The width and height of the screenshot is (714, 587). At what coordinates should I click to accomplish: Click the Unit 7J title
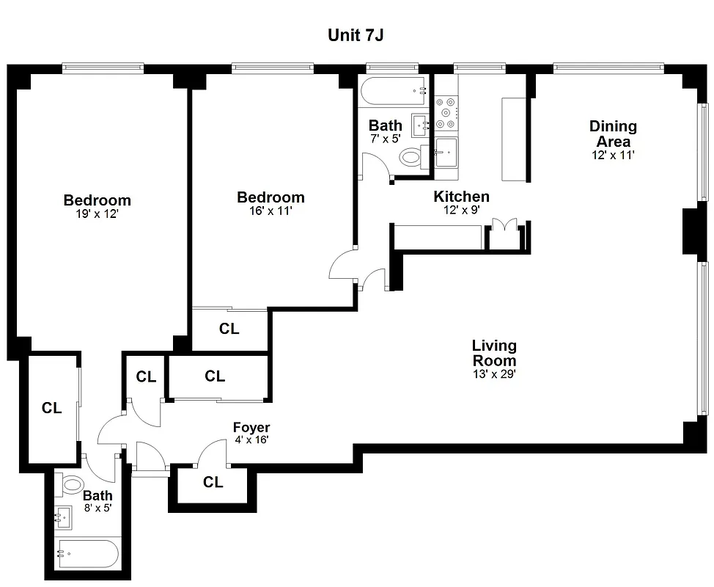coord(356,36)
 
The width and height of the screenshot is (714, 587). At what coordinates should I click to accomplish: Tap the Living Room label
coord(494,353)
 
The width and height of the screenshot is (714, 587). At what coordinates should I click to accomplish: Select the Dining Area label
coord(613,134)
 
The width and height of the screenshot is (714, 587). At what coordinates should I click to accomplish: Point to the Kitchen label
coord(461,197)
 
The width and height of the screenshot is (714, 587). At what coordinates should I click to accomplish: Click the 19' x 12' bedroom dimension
coord(97,214)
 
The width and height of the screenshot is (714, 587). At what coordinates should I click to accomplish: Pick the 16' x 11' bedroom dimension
coord(270,211)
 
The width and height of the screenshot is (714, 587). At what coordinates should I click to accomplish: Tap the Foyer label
coord(251,428)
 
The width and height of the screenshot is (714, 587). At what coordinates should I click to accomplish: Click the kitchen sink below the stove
coord(446,153)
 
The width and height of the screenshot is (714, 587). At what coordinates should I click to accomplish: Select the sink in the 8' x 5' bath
coord(64,518)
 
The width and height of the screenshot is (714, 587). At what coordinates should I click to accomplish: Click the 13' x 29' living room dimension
coord(494,374)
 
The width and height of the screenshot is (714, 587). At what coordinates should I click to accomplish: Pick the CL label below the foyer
coord(213,483)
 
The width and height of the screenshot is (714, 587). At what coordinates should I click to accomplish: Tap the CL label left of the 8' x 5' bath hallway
coord(51,409)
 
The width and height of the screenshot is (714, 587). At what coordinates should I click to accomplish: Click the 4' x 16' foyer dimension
coord(251,440)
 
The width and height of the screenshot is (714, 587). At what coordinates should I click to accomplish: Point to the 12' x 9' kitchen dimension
coord(461,210)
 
